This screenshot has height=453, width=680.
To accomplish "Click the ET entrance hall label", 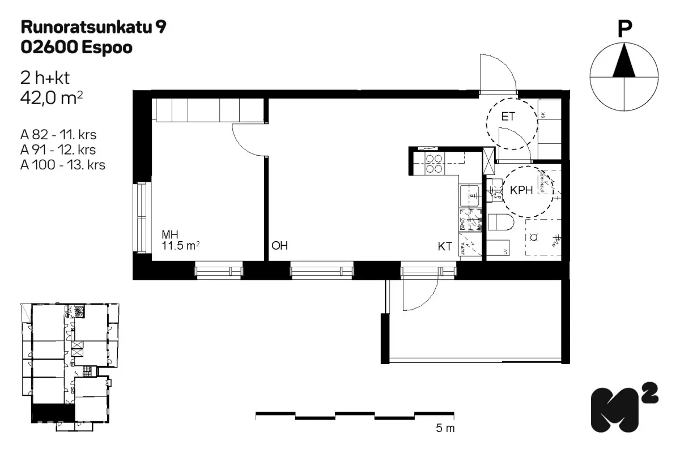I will (x=508, y=117).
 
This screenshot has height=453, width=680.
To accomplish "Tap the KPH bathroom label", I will (x=521, y=190).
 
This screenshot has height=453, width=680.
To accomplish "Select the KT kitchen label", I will (x=445, y=246).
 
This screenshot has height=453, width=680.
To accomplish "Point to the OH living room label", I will (x=280, y=246).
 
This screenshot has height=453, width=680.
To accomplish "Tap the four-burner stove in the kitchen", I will (x=435, y=164).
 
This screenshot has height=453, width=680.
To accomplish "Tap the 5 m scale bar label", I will (x=445, y=429).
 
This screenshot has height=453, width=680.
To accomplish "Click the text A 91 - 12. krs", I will (x=57, y=150).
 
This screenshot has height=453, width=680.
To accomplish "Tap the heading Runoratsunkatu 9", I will (x=93, y=26).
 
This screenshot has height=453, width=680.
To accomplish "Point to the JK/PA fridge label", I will (x=464, y=249).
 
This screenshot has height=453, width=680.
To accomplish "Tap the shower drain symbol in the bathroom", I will (x=533, y=238).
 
